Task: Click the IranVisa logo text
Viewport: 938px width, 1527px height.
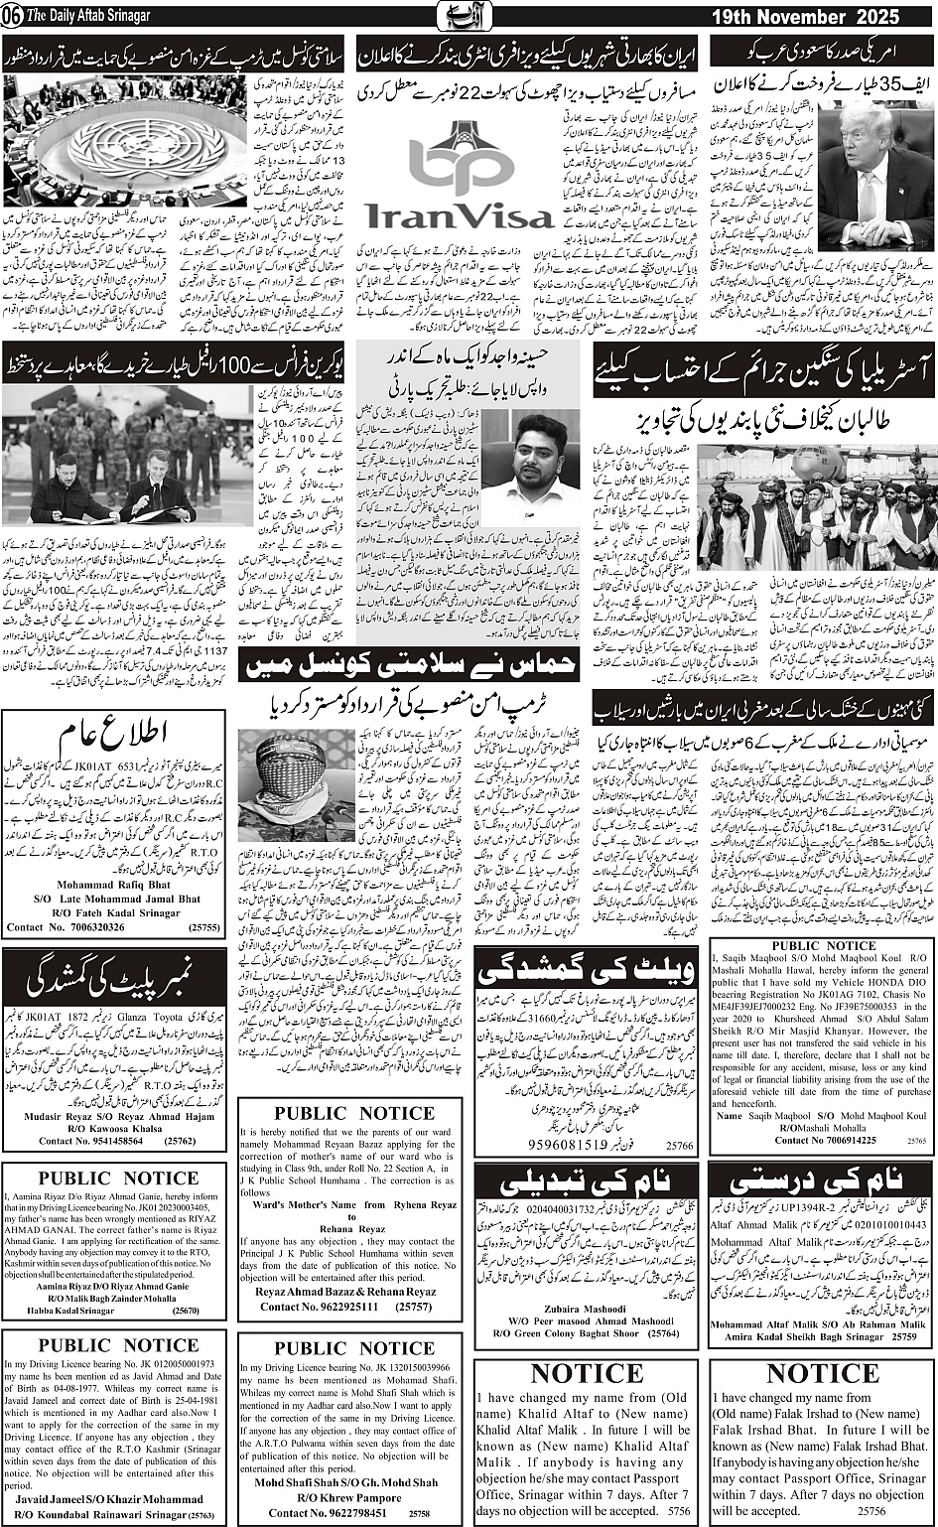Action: pyautogui.click(x=458, y=214)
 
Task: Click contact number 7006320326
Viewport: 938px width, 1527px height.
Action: pyautogui.click(x=79, y=927)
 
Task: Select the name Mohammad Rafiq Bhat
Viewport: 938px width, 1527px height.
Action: pyautogui.click(x=113, y=884)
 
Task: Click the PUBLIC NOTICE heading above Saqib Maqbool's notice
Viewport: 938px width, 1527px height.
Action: pyautogui.click(x=824, y=946)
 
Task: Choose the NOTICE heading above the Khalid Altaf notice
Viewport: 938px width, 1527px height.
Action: pyautogui.click(x=581, y=1374)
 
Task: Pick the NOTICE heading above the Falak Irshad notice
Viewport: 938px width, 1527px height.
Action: pyautogui.click(x=817, y=1374)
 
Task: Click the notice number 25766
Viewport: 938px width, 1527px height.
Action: pyautogui.click(x=680, y=1145)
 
